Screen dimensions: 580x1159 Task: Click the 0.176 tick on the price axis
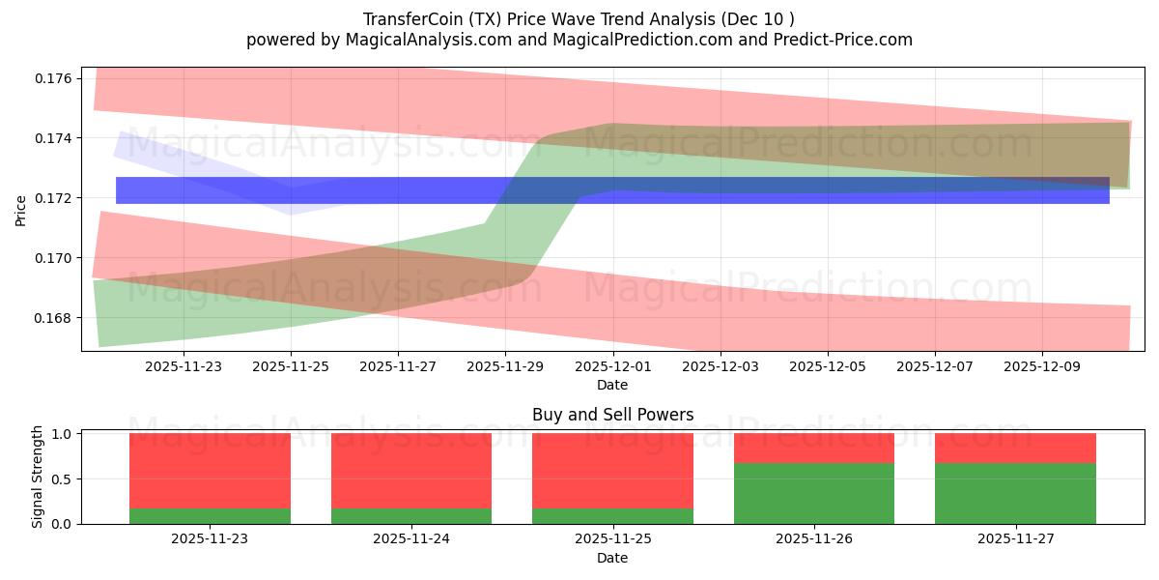[x=56, y=78]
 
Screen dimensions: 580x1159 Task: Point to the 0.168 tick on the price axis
[x=56, y=318]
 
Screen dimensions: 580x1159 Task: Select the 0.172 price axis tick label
[x=56, y=198]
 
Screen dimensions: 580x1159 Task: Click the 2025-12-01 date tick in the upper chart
[x=612, y=367]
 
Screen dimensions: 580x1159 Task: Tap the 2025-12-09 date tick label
[x=1041, y=367]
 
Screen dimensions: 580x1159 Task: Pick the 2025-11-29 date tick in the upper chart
[x=505, y=367]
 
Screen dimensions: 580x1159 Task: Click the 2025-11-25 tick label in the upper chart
[x=291, y=367]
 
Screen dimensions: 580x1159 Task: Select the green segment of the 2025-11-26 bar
[x=814, y=493]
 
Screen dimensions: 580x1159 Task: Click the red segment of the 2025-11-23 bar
[x=210, y=471]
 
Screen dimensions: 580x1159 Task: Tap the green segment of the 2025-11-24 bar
[x=411, y=516]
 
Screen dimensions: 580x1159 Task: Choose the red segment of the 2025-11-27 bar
[x=1015, y=449]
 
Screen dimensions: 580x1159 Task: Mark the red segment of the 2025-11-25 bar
[x=612, y=471]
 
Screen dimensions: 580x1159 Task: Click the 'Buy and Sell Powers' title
[x=612, y=415]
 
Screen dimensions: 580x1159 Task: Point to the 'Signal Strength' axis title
[x=38, y=477]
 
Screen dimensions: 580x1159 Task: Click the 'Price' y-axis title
[x=21, y=210]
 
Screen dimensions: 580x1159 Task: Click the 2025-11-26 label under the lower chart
[x=814, y=539]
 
